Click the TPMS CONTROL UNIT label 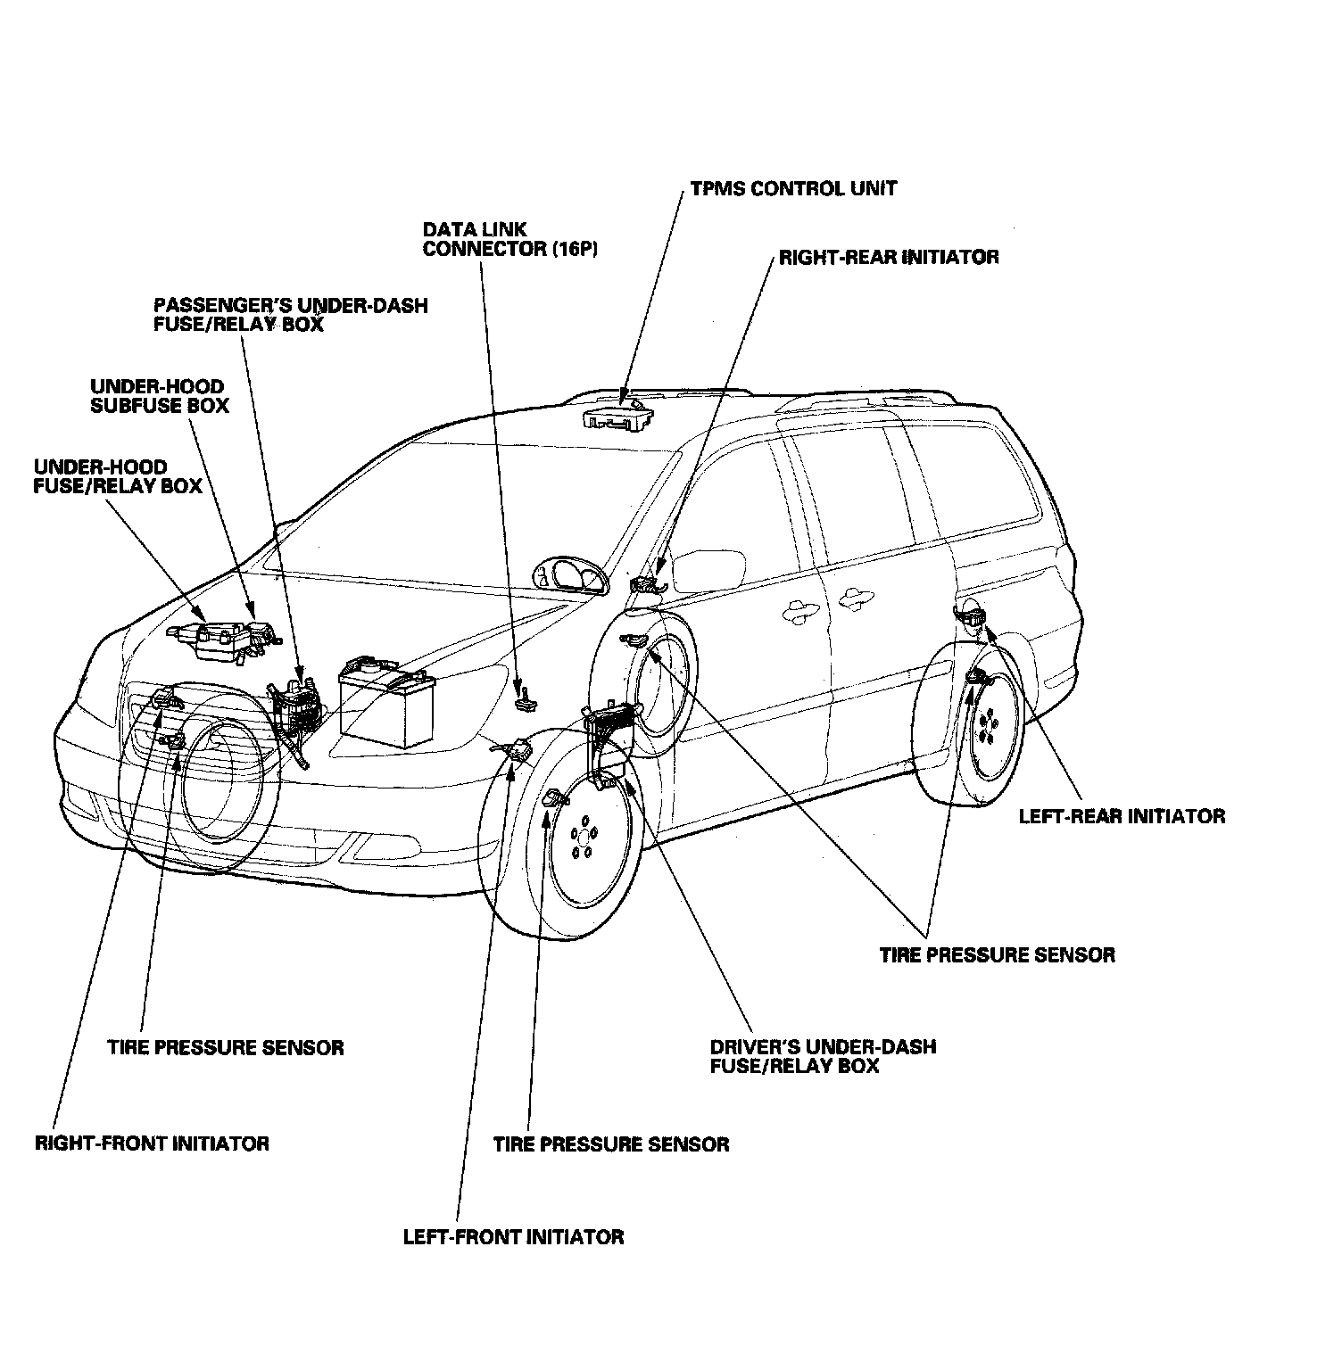point(793,189)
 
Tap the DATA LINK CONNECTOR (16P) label point(509,239)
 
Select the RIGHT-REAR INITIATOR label point(889,258)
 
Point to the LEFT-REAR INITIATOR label point(1122,816)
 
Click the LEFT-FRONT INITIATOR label point(513,1237)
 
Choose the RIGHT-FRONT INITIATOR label point(152,1143)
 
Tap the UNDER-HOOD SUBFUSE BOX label point(160,396)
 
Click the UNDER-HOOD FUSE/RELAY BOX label point(117,476)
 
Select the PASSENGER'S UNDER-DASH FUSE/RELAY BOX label point(290,315)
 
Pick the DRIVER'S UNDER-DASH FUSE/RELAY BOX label point(823,1056)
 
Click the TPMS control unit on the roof point(617,417)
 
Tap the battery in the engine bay point(386,699)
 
